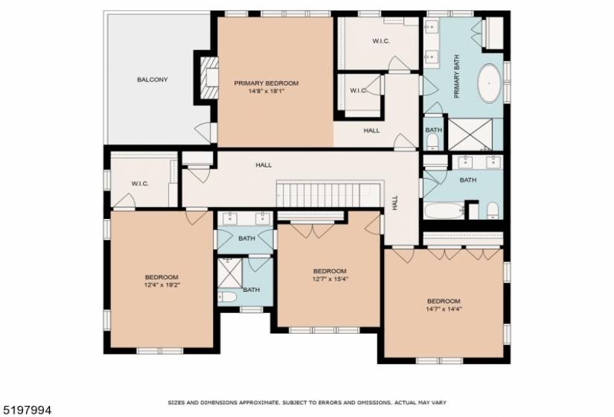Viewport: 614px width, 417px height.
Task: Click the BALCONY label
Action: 153,80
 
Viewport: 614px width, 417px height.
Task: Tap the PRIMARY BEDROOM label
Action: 266,83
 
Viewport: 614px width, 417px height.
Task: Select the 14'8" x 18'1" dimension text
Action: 266,92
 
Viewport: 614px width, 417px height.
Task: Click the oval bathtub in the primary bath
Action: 489,83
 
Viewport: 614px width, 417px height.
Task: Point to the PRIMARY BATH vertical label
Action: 456,77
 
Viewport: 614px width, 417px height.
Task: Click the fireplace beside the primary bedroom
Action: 208,77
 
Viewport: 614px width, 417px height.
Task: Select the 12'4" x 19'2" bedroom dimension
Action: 162,285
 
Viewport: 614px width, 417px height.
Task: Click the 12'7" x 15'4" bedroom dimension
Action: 330,279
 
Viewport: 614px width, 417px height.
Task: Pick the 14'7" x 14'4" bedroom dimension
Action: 444,309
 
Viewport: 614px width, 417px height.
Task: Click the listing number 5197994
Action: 26,410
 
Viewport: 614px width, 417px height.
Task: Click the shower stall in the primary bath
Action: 470,135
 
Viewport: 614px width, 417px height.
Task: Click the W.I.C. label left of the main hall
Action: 140,183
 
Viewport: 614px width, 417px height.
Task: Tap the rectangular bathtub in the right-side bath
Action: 444,211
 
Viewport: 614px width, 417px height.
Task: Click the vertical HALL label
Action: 395,203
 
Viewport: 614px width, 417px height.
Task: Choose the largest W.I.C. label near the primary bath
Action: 381,41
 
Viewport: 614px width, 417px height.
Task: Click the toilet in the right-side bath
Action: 493,211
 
